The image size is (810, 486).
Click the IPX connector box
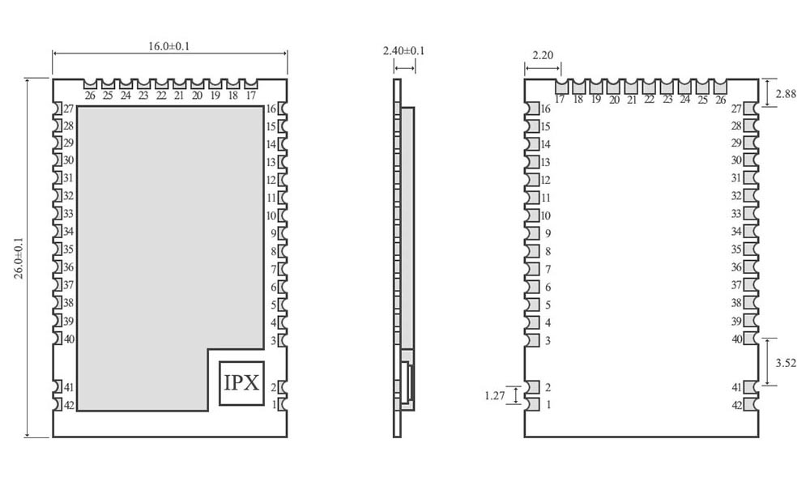pos(241,383)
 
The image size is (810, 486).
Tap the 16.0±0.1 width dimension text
pos(169,46)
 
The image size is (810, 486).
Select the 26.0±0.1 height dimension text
pos(19,258)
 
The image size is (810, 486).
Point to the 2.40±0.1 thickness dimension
pos(403,51)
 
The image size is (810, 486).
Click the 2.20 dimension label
pos(543,55)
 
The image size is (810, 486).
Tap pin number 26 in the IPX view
pos(89,96)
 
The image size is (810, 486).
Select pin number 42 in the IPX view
pos(69,405)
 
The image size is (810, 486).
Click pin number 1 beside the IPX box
pos(274,404)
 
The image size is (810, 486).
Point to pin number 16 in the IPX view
pos(271,109)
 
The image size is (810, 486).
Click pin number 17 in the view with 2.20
pos(560,100)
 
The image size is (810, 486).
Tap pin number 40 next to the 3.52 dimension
pos(737,339)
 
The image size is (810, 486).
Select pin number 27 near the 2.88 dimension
pos(737,109)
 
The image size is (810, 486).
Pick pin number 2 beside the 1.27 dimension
pos(548,387)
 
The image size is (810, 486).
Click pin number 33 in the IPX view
pos(69,214)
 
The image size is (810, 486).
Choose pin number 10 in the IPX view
pos(271,216)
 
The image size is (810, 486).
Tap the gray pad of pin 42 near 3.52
pos(751,405)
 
